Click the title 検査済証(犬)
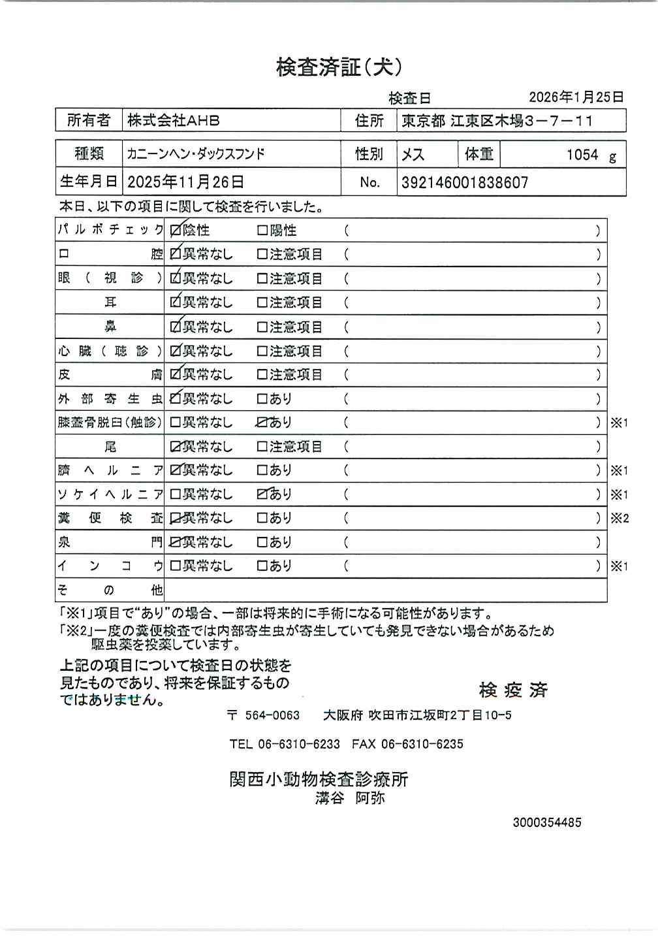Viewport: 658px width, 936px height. point(339,67)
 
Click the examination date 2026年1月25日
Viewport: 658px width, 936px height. point(576,97)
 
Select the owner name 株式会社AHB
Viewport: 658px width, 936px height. point(173,121)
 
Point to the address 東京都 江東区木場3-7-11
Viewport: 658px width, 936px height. point(497,121)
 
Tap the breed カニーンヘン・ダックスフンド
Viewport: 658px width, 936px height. point(196,155)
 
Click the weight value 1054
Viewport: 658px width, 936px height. point(582,155)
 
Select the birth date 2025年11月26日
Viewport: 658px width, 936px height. point(185,182)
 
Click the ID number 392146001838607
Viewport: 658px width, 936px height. point(464,182)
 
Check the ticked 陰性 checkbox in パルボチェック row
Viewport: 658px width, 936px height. point(176,231)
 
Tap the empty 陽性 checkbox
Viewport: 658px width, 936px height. point(262,231)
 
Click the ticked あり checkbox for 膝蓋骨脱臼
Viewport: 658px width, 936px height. point(262,423)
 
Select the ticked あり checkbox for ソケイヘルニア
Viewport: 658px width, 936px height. point(262,494)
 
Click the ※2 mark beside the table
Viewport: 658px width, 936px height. point(619,519)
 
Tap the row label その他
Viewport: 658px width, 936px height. point(110,590)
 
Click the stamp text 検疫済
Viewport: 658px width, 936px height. point(513,690)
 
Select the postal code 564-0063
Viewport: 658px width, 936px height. point(272,715)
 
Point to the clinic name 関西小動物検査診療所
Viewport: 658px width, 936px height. point(319,779)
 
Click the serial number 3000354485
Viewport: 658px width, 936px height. point(546,822)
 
